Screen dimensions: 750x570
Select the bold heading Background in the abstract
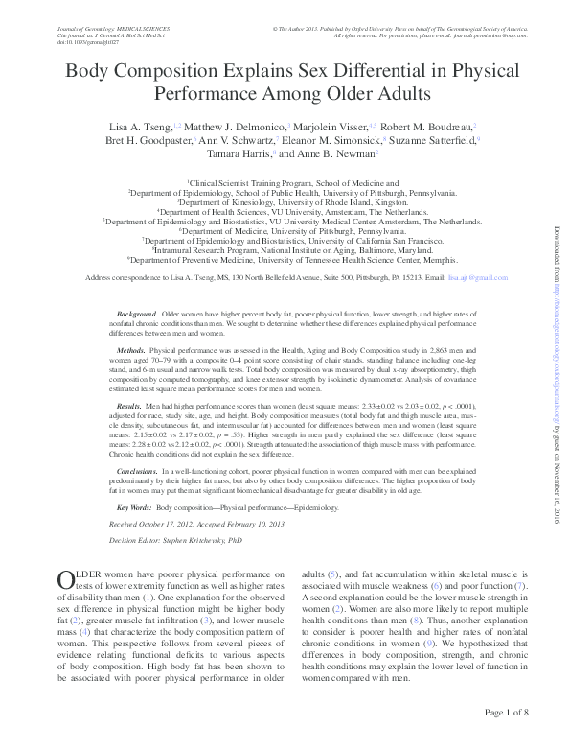click(136, 315)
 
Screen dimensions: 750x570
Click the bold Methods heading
click(131, 353)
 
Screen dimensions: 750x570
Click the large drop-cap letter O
click(66, 579)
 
